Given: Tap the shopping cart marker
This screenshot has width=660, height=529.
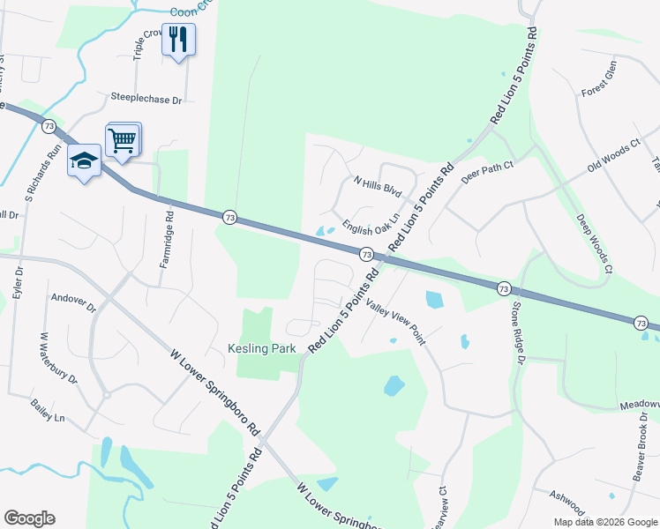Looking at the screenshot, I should pos(123,138).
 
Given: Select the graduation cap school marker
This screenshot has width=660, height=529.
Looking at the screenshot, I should pos(85,160).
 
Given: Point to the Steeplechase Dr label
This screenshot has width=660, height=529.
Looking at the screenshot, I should pos(146,101).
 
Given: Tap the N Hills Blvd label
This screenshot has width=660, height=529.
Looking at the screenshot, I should pos(377,186).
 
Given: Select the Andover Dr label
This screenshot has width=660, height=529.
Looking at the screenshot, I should pos(73,302).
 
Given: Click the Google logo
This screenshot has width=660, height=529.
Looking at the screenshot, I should pos(29,518).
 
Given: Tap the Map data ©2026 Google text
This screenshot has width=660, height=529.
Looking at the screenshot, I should pos(604,522).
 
